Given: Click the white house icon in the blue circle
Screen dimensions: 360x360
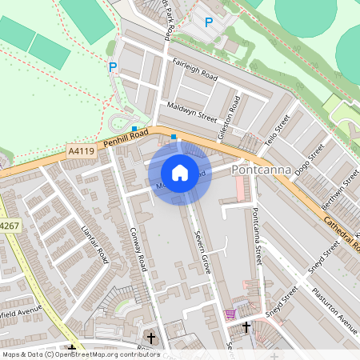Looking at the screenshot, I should tap(180, 173).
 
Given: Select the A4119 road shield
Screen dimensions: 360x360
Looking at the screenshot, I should tap(80, 150).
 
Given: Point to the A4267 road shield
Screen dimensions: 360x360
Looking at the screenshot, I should tap(8, 226).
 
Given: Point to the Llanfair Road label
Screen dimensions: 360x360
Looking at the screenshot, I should tap(95, 244).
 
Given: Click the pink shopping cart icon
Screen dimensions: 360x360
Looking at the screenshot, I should tap(231, 314).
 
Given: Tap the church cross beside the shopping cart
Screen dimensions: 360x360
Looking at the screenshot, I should tap(246, 326).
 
